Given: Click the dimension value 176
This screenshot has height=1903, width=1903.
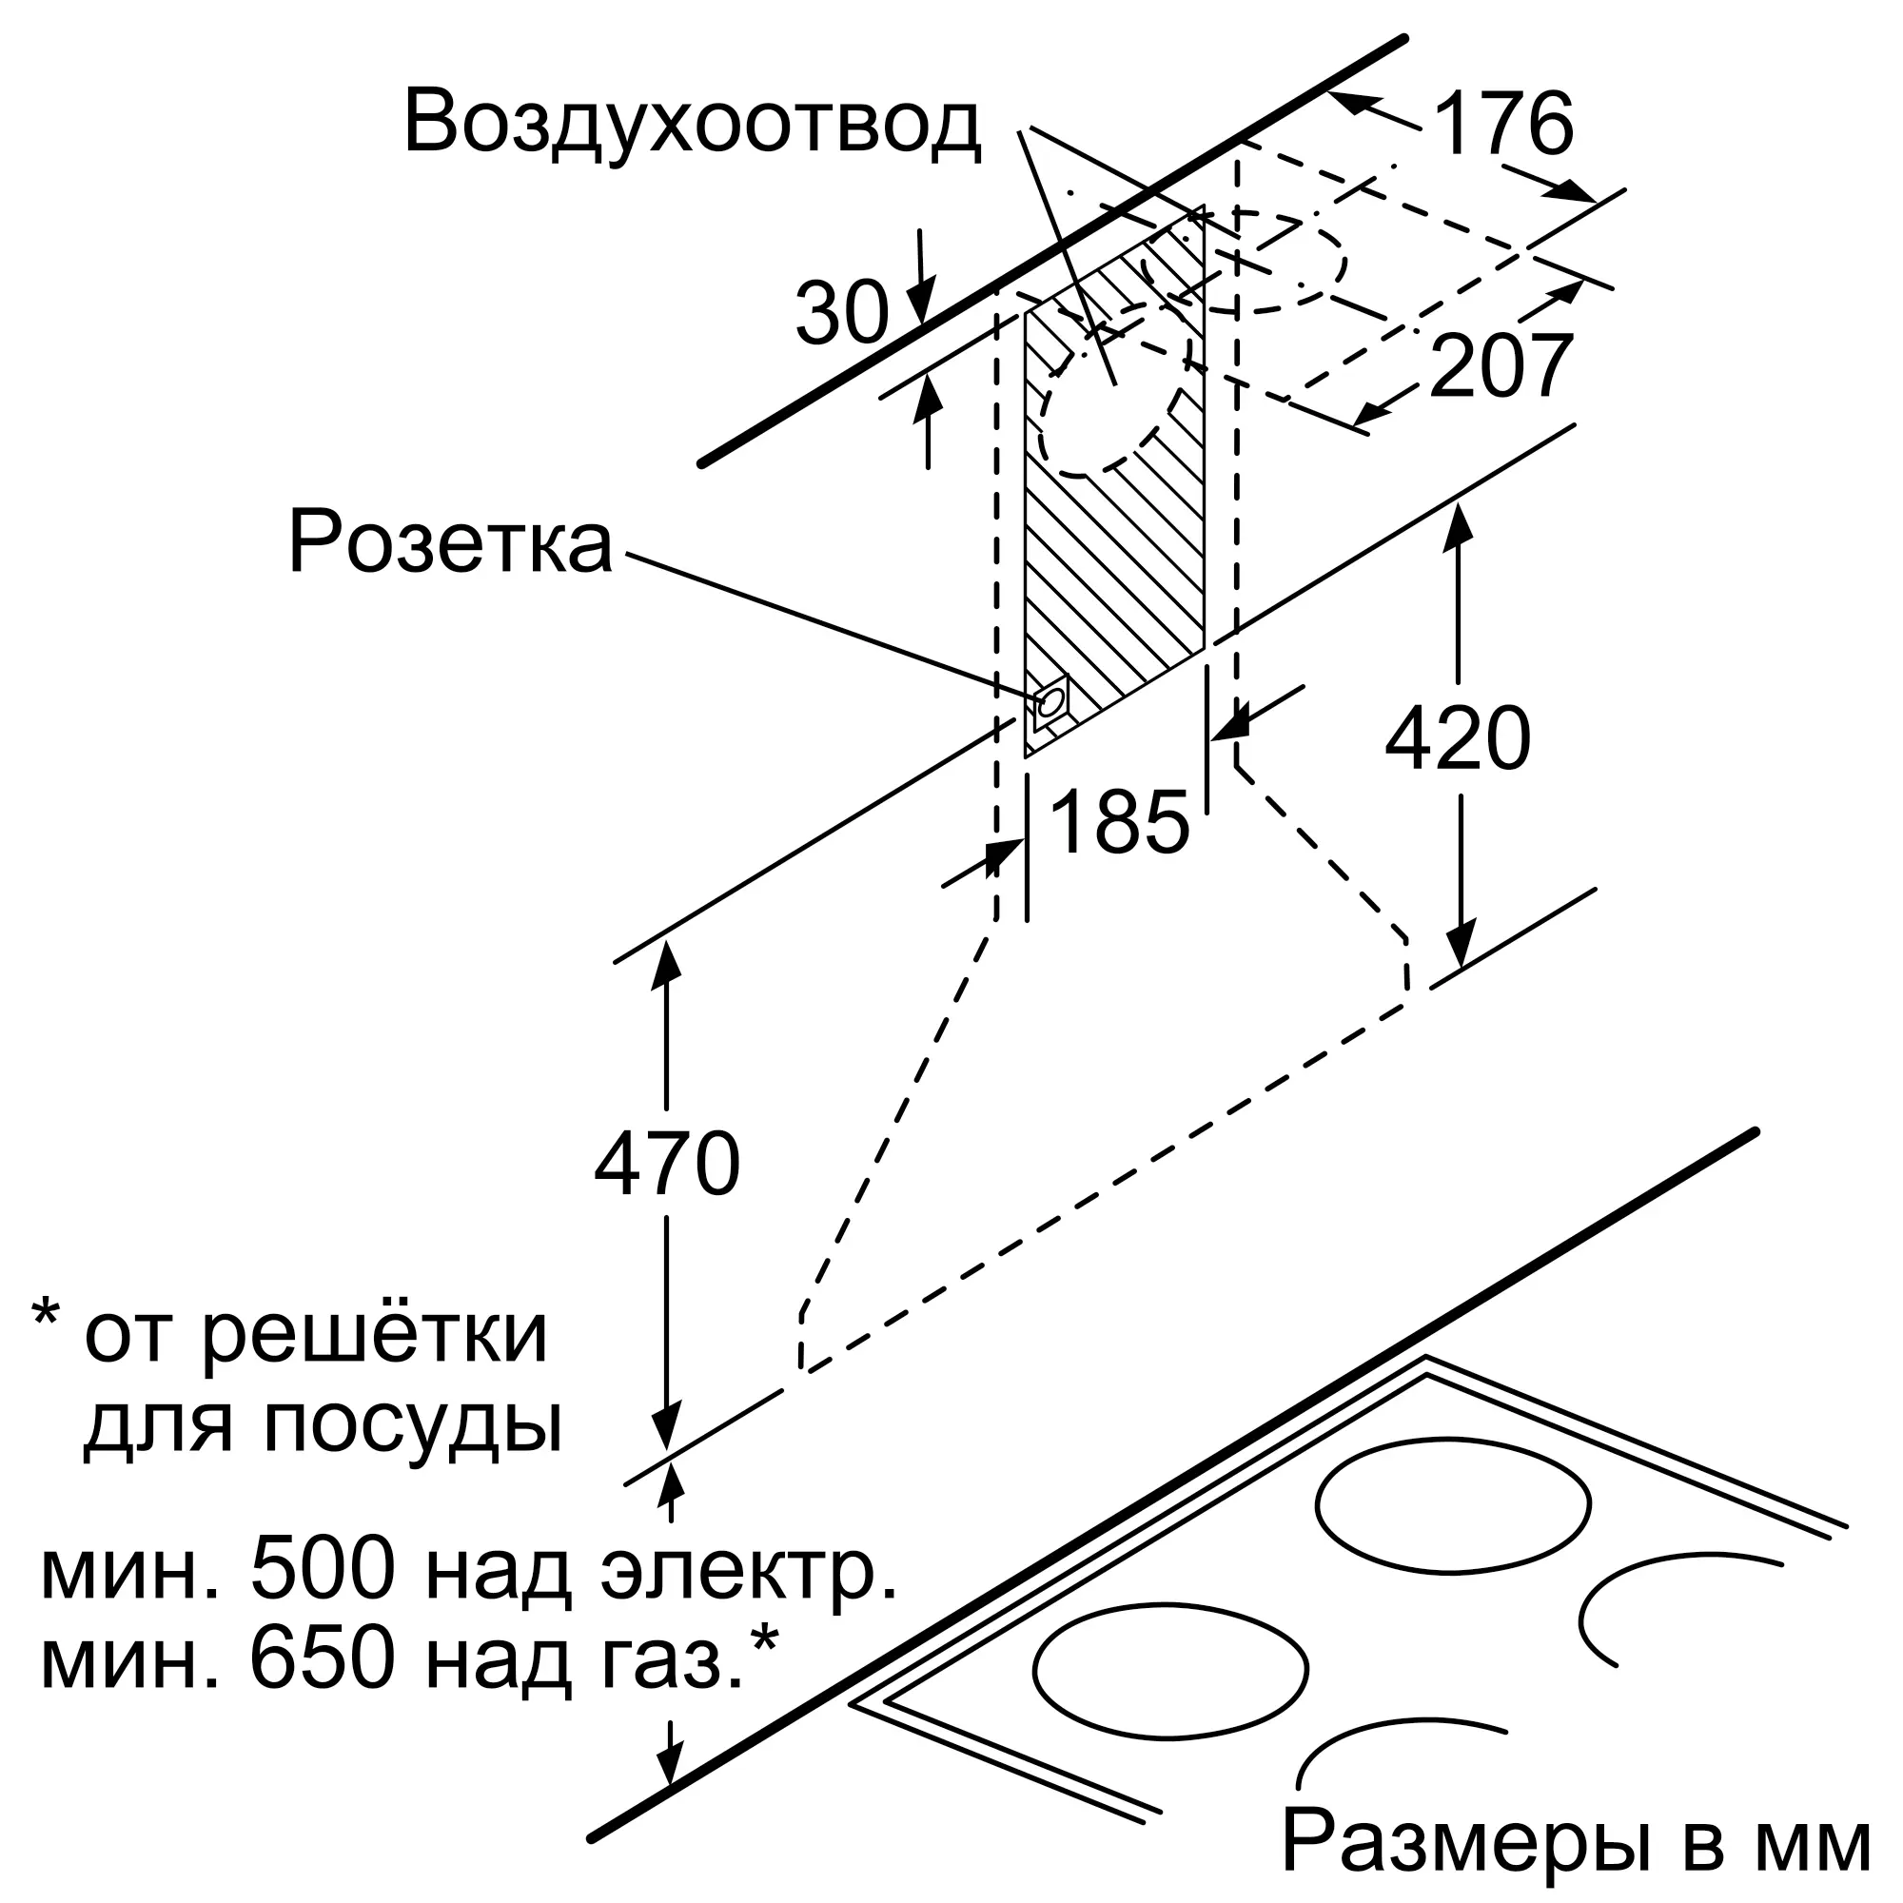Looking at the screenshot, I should click(1503, 124).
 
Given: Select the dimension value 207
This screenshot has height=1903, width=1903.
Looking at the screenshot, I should click(1501, 366).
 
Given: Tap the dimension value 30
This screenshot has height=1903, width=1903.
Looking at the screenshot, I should click(842, 314).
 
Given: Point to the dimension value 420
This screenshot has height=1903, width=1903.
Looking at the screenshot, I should click(1457, 738).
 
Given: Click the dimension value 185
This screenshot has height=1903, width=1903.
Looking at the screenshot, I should click(1120, 821).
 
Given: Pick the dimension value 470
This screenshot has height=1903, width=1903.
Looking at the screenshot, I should click(667, 1165).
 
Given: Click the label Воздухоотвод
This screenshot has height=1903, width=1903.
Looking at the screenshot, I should click(692, 125).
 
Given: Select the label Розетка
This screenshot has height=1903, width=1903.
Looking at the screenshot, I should click(450, 542).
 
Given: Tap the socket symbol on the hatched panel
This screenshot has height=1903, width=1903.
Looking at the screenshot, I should click(1051, 700).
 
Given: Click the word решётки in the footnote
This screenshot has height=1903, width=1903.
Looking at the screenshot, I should click(374, 1335).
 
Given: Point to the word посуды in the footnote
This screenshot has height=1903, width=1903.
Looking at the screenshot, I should click(413, 1424).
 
